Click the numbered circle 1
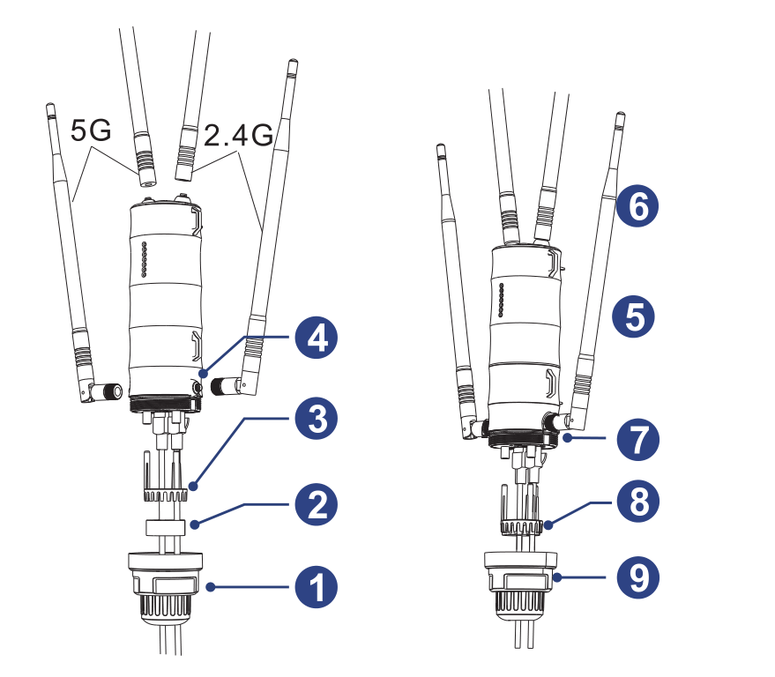[x=316, y=587]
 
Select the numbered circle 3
[x=316, y=420]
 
